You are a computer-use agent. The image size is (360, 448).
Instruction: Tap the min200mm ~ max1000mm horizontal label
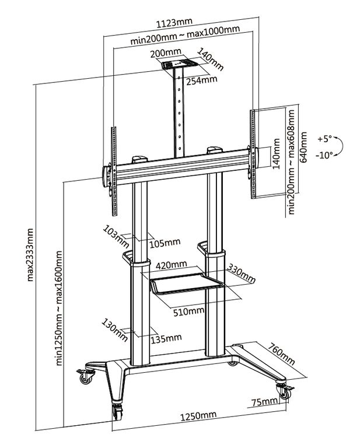(x=185, y=40)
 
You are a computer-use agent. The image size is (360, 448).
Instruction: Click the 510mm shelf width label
(x=188, y=310)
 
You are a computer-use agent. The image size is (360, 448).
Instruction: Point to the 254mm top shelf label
(x=201, y=80)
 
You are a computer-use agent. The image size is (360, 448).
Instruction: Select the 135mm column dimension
(x=166, y=338)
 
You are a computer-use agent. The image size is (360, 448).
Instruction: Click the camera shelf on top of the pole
(x=178, y=65)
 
